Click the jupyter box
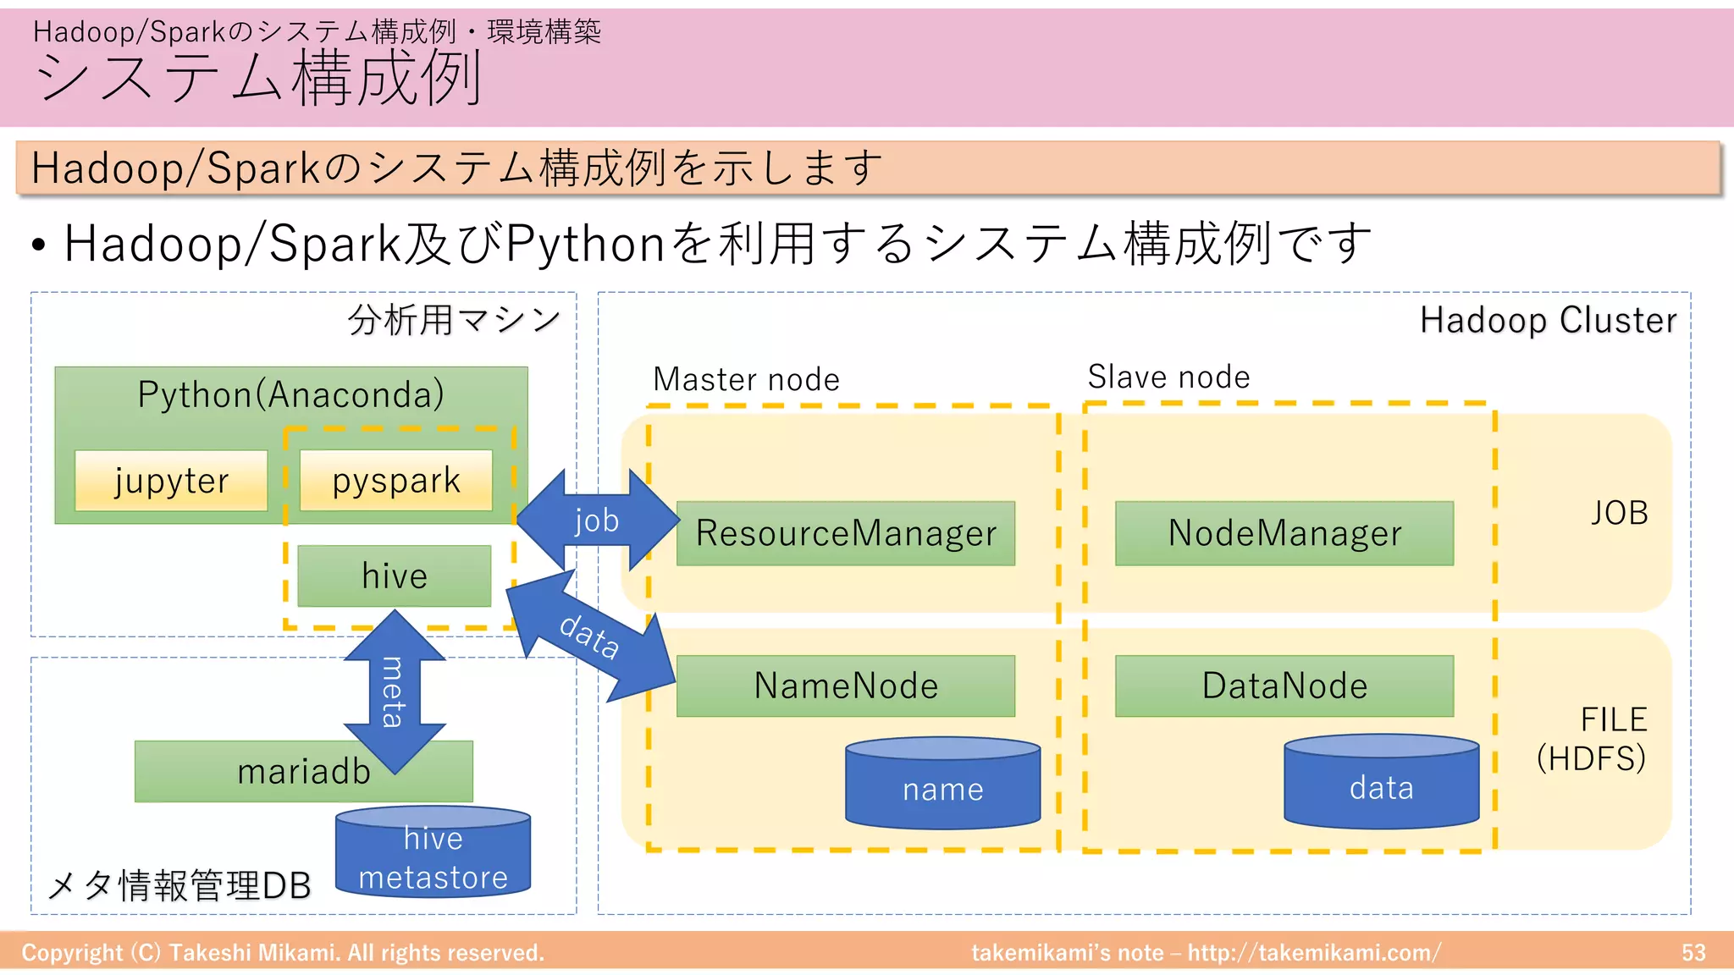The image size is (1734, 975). (x=171, y=481)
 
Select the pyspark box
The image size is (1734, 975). (x=395, y=481)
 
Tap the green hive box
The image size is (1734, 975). (x=395, y=576)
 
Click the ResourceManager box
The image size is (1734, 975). (x=845, y=533)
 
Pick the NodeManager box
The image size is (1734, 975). (x=1284, y=533)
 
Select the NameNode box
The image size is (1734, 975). (x=845, y=686)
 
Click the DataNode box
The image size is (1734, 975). (x=1284, y=686)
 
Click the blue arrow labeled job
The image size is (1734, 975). (x=597, y=520)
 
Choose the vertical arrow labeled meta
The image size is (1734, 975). (x=394, y=692)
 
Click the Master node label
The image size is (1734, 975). (x=746, y=379)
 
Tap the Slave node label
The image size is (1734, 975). (x=1168, y=377)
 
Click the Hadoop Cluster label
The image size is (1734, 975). (x=1548, y=321)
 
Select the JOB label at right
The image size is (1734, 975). (x=1619, y=513)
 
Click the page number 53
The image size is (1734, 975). (x=1693, y=953)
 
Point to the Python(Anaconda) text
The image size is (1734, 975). (x=290, y=394)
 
